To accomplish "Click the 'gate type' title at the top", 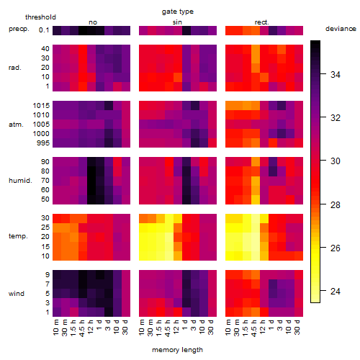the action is pyautogui.click(x=178, y=12).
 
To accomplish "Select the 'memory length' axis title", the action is pyautogui.click(x=177, y=350).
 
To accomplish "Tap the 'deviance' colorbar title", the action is pyautogui.click(x=341, y=29).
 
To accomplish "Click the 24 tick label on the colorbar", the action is pyautogui.click(x=335, y=292).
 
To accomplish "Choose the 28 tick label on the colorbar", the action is pyautogui.click(x=335, y=204).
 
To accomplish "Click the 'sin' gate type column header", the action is pyautogui.click(x=177, y=22).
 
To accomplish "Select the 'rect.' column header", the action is pyautogui.click(x=261, y=22).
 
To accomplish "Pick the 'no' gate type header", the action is pyautogui.click(x=93, y=22).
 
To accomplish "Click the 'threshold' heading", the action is pyautogui.click(x=40, y=17).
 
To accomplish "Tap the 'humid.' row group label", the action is pyautogui.click(x=20, y=181).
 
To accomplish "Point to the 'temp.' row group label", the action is pyautogui.click(x=18, y=236).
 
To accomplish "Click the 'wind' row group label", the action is pyautogui.click(x=17, y=294).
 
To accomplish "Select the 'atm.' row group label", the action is pyautogui.click(x=16, y=125).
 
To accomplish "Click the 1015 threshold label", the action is pyautogui.click(x=41, y=106).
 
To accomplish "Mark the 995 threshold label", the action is pyautogui.click(x=43, y=143).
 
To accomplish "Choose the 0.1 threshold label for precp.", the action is pyautogui.click(x=44, y=30).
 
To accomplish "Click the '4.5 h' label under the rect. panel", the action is pyautogui.click(x=254, y=328).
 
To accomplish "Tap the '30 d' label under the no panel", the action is pyautogui.click(x=125, y=327).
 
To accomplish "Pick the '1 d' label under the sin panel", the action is pyautogui.click(x=186, y=325).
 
